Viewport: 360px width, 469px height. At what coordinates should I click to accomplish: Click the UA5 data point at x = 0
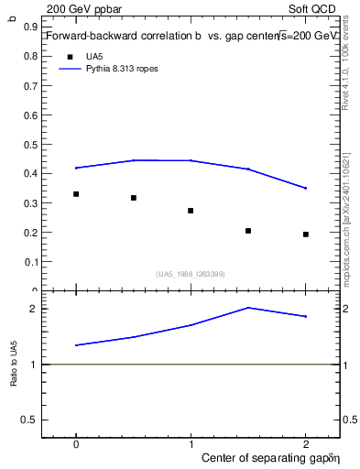pyautogui.click(x=76, y=194)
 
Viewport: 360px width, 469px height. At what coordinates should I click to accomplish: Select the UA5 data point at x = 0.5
pyautogui.click(x=134, y=198)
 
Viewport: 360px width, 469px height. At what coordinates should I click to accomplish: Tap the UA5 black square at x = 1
pyautogui.click(x=191, y=211)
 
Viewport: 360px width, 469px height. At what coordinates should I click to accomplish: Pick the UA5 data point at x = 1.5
pyautogui.click(x=248, y=231)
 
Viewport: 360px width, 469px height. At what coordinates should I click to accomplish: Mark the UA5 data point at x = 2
pyautogui.click(x=306, y=234)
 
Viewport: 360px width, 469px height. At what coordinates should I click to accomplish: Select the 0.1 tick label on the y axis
pyautogui.click(x=32, y=262)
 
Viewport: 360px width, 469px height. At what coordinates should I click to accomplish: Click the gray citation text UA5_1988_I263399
pyautogui.click(x=191, y=274)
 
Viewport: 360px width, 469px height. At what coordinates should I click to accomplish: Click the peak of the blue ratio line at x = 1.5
pyautogui.click(x=248, y=308)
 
